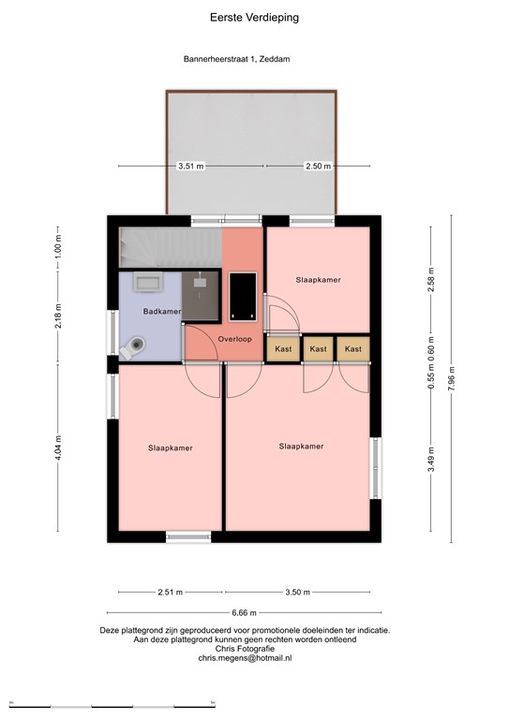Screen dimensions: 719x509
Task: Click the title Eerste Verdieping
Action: (255, 17)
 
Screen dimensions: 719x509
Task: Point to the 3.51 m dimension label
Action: (191, 166)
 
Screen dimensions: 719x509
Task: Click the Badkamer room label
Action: (161, 311)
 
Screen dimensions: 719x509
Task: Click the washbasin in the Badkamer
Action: (148, 282)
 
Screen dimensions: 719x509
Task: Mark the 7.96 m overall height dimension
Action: (452, 380)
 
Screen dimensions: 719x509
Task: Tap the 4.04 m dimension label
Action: (58, 437)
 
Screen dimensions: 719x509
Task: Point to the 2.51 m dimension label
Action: (171, 592)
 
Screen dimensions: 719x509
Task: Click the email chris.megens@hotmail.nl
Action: (245, 658)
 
